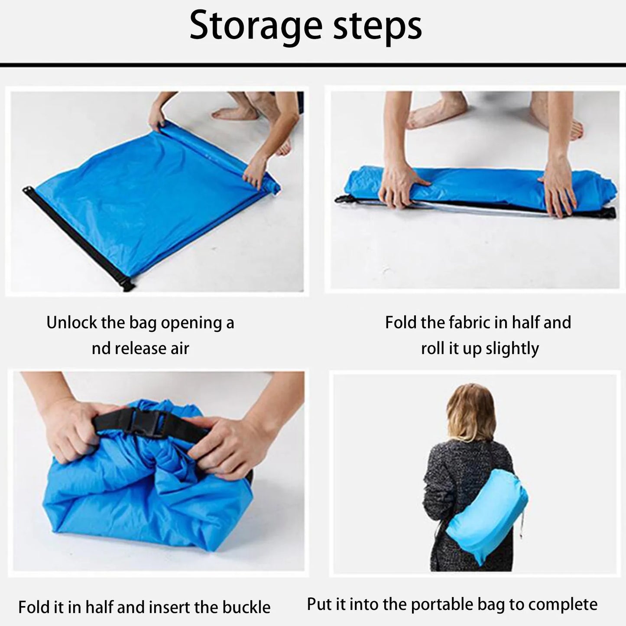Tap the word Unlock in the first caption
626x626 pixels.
72,323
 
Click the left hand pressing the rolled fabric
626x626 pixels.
403,182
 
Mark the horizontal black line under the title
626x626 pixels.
313,65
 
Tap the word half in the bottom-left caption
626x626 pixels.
96,607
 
